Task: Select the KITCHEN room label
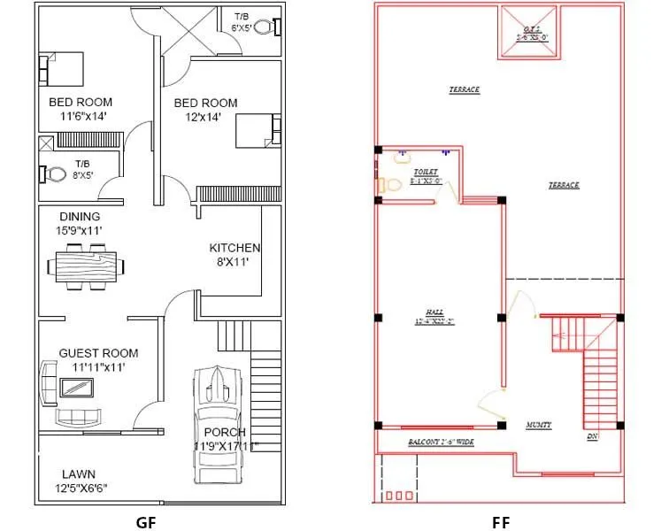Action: tap(234, 248)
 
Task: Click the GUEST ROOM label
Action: tap(98, 353)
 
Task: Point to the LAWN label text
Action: tap(79, 473)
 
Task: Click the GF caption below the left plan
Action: tap(146, 521)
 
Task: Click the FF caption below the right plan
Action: tap(501, 521)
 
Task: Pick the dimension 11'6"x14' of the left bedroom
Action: tap(82, 117)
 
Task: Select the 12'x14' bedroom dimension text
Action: tap(205, 117)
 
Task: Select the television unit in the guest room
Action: tap(75, 387)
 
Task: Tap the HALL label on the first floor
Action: tap(434, 312)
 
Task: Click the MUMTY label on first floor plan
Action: tap(538, 425)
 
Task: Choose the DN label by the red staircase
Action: tap(592, 436)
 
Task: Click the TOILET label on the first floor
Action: tap(426, 172)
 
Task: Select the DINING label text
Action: tap(80, 216)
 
